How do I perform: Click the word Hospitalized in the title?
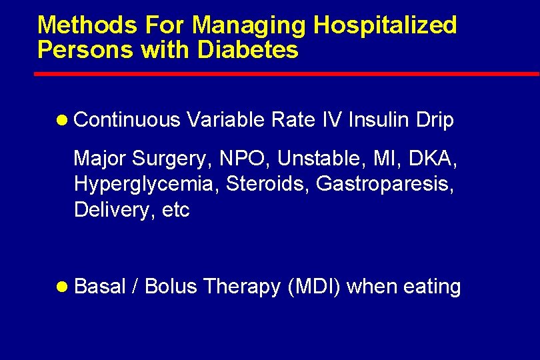[385, 25]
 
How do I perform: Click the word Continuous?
[127, 120]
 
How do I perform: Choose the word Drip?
[435, 120]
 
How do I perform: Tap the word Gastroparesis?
[385, 185]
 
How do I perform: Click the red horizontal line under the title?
[287, 74]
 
